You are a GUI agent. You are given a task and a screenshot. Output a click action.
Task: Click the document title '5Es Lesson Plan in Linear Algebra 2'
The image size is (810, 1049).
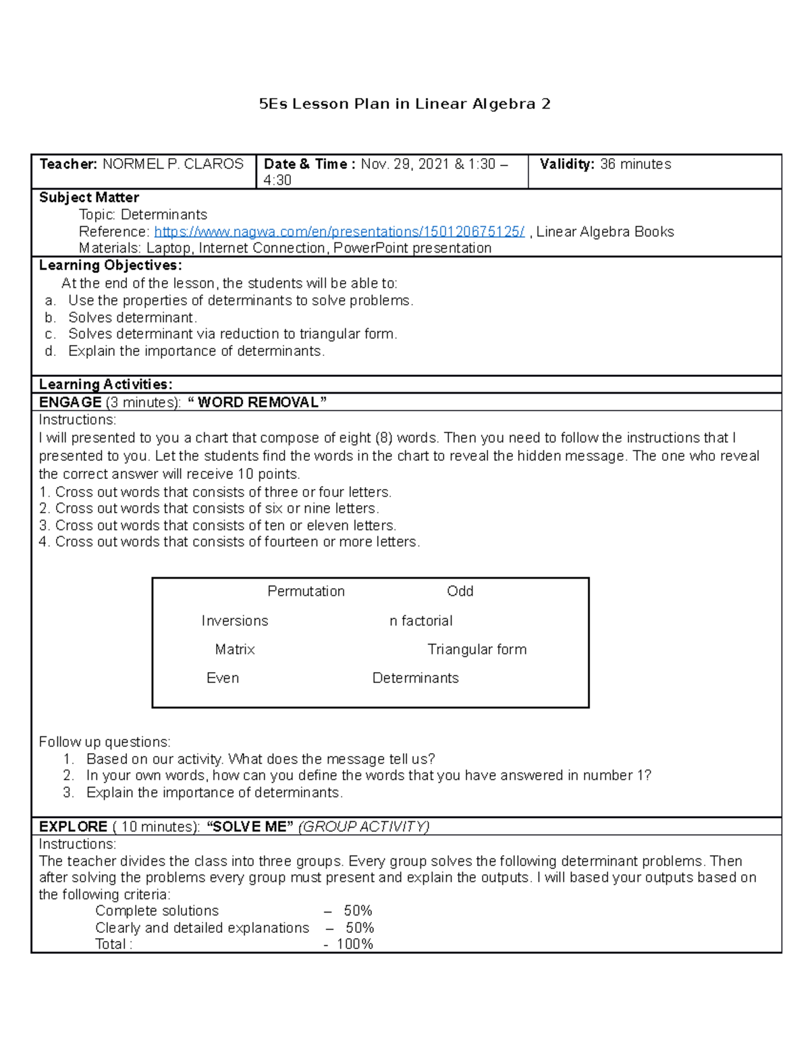[404, 104]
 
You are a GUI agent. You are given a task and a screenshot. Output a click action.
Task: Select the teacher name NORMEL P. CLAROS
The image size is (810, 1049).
[173, 164]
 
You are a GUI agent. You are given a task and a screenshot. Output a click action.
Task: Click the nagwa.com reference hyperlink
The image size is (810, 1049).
[339, 232]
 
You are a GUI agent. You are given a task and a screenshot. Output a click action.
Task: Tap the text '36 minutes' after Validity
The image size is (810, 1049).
[635, 164]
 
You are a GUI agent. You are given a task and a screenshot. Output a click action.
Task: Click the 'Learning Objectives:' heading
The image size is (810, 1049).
[110, 265]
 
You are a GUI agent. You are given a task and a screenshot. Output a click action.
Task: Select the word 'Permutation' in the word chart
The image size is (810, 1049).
[306, 591]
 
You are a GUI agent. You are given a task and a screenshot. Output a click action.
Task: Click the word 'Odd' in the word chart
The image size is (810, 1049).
[460, 591]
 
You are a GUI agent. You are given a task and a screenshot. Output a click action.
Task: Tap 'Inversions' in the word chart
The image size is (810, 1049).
[234, 621]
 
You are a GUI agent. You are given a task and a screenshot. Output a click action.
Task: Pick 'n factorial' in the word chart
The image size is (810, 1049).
[421, 621]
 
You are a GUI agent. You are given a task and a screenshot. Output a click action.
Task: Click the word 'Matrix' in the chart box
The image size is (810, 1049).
[234, 649]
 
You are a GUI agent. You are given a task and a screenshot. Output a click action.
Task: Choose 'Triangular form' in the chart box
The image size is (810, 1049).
[477, 649]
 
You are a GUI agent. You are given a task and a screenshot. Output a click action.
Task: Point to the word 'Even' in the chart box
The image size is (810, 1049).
[222, 677]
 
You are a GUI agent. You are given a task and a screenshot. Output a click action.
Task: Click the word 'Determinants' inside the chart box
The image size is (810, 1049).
[415, 677]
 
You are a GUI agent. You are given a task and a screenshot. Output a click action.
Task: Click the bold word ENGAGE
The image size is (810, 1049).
[70, 403]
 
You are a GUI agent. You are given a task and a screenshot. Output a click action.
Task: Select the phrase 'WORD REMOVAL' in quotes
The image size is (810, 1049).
[257, 403]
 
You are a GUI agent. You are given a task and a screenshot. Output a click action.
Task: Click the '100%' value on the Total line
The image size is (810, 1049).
[354, 944]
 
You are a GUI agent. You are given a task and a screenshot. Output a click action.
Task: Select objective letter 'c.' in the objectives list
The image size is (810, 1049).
[50, 334]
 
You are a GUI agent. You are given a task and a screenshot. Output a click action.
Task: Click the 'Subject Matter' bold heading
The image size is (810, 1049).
[88, 198]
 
